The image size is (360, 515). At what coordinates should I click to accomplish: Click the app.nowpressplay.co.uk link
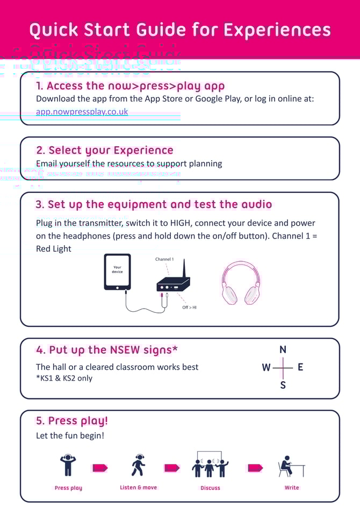(82, 112)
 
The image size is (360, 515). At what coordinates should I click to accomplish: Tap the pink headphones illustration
(241, 283)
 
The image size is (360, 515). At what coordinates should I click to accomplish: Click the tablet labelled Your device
(117, 272)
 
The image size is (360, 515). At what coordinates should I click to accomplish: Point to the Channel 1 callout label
(164, 259)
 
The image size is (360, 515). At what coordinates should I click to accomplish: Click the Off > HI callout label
(189, 307)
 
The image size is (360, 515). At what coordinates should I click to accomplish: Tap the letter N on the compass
(283, 350)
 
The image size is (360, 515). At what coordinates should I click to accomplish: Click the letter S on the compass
(283, 385)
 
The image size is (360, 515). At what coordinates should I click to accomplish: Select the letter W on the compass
(266, 368)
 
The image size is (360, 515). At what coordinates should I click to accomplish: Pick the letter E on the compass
(300, 368)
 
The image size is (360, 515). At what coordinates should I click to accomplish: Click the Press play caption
(68, 488)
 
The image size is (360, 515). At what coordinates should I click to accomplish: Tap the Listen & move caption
(139, 488)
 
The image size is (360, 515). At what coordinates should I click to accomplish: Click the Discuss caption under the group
(210, 488)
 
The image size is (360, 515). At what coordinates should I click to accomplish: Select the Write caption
(292, 488)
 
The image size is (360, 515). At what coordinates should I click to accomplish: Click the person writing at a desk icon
(291, 466)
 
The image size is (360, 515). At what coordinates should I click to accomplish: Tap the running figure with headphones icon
(139, 466)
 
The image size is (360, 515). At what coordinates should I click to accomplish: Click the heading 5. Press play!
(72, 421)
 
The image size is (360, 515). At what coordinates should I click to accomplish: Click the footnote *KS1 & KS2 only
(64, 378)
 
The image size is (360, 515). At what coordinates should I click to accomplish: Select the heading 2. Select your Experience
(105, 151)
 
